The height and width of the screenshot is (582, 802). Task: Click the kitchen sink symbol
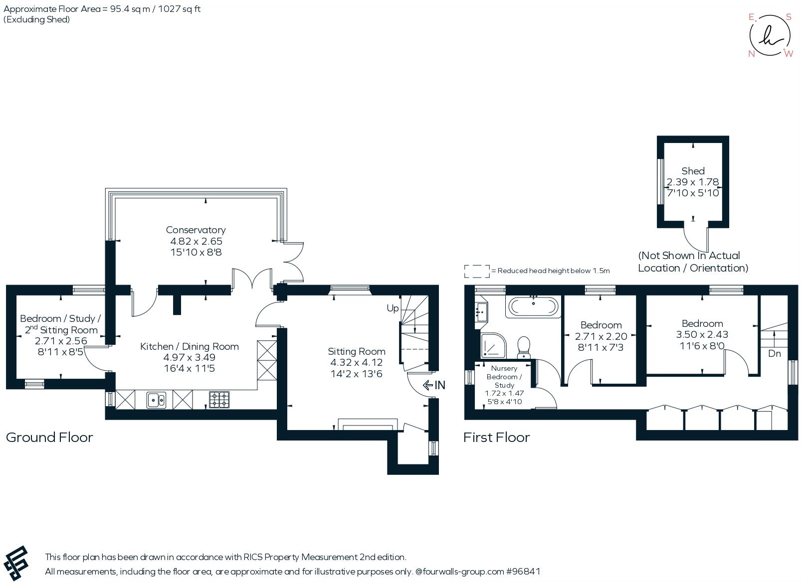(x=156, y=400)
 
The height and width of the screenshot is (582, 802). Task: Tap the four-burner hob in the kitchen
(x=219, y=400)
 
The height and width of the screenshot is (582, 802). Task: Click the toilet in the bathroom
(x=524, y=347)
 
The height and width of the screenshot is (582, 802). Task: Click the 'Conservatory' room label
(x=196, y=230)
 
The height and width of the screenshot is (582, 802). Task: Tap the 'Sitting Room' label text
(x=356, y=351)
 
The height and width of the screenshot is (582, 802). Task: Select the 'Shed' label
(x=693, y=171)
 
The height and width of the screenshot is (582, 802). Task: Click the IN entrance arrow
(x=433, y=385)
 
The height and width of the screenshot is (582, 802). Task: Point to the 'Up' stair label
(x=393, y=308)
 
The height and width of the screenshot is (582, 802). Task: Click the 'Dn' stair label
(x=774, y=354)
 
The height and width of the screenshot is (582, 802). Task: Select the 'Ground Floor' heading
(x=49, y=437)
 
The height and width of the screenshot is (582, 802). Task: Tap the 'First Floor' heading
(x=496, y=437)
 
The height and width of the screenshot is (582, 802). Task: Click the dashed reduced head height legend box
(x=477, y=271)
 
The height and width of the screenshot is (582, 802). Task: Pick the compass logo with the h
(x=770, y=35)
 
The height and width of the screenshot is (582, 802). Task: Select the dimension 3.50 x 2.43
(x=702, y=335)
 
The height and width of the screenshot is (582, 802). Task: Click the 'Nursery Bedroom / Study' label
(x=504, y=377)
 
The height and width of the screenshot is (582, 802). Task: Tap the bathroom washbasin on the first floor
(x=482, y=312)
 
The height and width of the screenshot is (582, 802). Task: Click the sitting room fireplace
(x=368, y=425)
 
